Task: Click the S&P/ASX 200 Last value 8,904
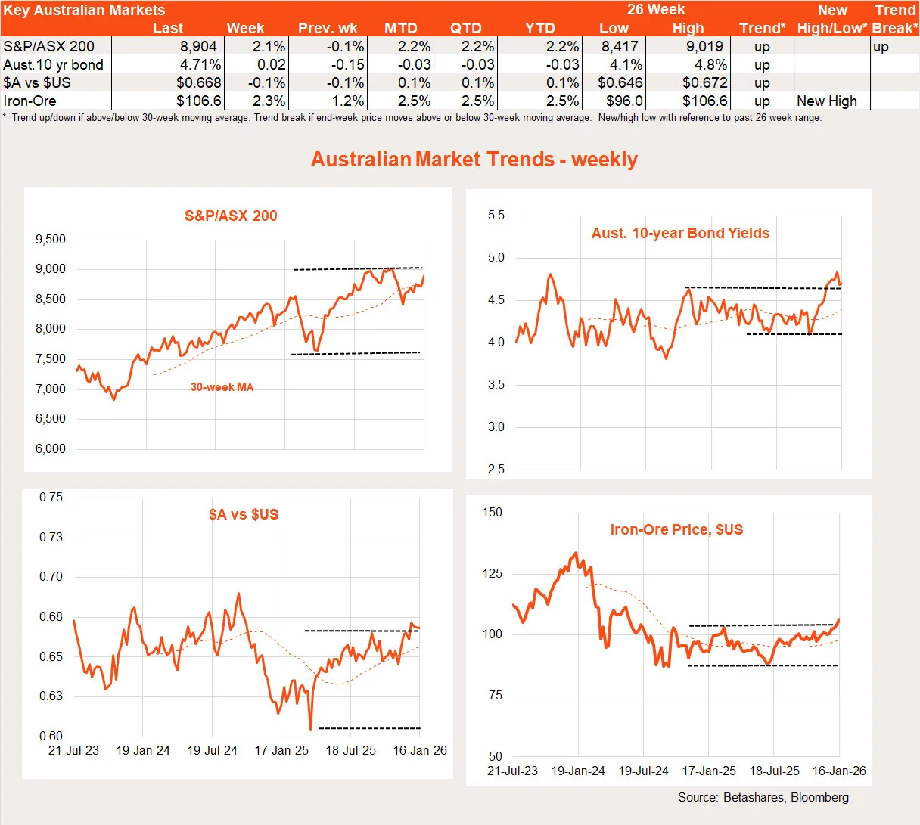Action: pos(198,47)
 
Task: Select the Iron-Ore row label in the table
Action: pos(30,101)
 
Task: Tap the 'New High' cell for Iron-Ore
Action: pos(827,101)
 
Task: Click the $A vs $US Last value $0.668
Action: pos(199,83)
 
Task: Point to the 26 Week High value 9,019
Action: pos(704,47)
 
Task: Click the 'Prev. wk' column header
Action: pos(328,29)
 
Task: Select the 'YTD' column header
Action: pos(540,29)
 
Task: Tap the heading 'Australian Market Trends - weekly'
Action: pos(474,160)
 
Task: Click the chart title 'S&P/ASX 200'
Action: pos(231,216)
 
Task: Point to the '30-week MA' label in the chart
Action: pos(222,387)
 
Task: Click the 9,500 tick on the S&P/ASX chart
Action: pos(51,240)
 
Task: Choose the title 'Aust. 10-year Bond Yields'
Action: pos(680,234)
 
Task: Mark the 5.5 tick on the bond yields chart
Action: pos(496,216)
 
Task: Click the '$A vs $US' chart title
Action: pos(244,515)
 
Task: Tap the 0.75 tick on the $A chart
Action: pos(51,498)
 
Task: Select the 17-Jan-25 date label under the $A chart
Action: pos(281,751)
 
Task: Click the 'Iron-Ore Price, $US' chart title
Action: pos(676,530)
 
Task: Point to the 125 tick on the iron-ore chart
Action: pos(492,574)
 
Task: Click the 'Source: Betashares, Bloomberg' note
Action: pos(763,798)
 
